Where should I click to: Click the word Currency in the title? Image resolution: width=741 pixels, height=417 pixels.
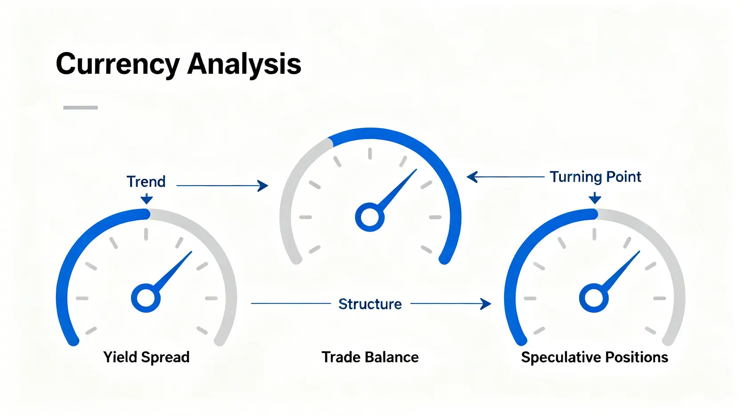point(118,65)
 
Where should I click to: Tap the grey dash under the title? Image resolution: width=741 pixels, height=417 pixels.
point(81,107)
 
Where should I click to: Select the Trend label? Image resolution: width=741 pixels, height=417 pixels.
point(146,182)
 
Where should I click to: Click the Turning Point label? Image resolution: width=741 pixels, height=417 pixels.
point(596,177)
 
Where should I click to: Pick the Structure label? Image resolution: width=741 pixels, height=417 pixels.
point(370,304)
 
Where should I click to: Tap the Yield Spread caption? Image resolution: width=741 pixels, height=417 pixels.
point(146,357)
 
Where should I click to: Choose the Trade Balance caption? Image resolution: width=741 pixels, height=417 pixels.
point(370,357)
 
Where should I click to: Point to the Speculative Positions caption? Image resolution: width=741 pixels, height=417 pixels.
point(595,357)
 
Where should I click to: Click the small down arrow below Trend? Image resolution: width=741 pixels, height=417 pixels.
point(146,198)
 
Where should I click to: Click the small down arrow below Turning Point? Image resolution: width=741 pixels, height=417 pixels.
point(595,198)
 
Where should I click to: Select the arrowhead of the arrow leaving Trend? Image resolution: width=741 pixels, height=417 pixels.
point(263,186)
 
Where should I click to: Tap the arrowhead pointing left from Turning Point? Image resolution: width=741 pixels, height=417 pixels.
point(472,177)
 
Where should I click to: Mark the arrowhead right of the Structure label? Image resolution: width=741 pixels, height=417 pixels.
point(486,304)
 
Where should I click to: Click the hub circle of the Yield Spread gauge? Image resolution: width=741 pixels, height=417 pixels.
point(146,298)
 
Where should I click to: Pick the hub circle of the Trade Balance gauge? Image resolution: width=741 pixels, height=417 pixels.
point(370,217)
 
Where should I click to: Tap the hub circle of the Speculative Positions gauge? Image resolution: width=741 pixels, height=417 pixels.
point(594,298)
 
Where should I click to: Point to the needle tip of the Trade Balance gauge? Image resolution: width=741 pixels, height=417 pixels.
point(416,170)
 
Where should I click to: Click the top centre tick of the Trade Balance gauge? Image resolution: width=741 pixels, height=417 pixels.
point(370,154)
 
